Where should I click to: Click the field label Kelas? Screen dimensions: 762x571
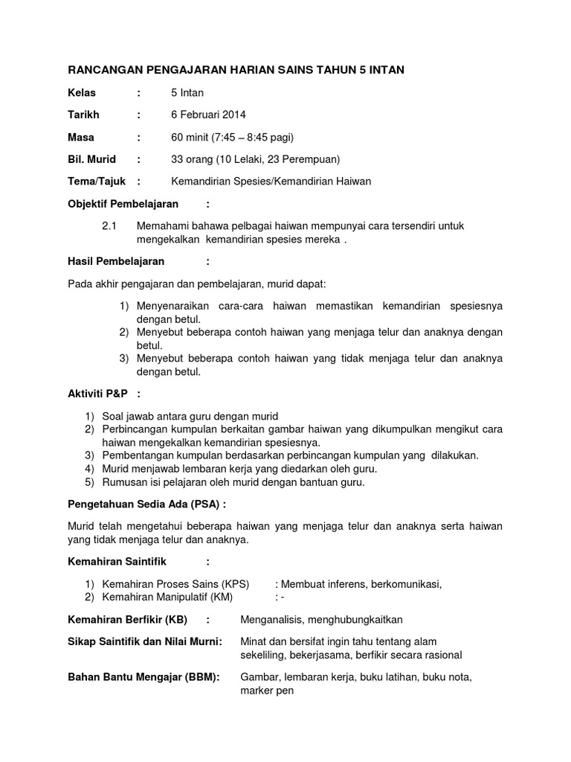click(83, 93)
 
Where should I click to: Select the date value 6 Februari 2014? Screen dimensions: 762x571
click(208, 115)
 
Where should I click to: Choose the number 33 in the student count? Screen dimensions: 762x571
click(177, 159)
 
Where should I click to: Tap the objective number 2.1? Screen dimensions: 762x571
click(109, 225)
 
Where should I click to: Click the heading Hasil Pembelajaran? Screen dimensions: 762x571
click(116, 261)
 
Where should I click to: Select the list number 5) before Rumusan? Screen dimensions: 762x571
click(89, 482)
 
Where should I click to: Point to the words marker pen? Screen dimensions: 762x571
click(267, 691)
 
